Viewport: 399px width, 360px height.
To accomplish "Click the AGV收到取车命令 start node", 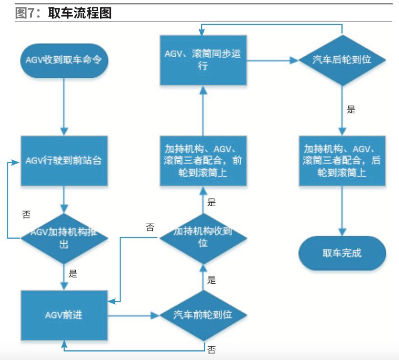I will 63,60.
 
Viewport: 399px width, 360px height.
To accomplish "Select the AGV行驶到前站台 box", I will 63,160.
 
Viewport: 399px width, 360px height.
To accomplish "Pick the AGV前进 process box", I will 63,315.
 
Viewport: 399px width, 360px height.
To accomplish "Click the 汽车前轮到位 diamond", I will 203,315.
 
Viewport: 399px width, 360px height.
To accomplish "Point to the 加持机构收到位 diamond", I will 203,237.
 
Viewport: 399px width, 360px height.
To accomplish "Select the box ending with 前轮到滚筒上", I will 203,160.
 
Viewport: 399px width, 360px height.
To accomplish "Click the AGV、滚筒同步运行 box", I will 203,60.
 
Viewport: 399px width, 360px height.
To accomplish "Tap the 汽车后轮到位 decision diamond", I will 342,60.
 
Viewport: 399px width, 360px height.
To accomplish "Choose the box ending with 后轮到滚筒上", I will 342,160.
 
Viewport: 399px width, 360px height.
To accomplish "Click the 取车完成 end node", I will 342,254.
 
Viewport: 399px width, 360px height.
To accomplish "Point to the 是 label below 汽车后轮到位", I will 351,109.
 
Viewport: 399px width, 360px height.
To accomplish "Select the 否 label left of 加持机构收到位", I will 150,227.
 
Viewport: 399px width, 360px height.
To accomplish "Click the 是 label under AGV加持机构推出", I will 73,274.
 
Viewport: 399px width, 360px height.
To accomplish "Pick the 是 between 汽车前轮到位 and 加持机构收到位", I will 211,280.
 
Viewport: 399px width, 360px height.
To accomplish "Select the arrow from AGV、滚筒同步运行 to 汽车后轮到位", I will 272,60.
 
